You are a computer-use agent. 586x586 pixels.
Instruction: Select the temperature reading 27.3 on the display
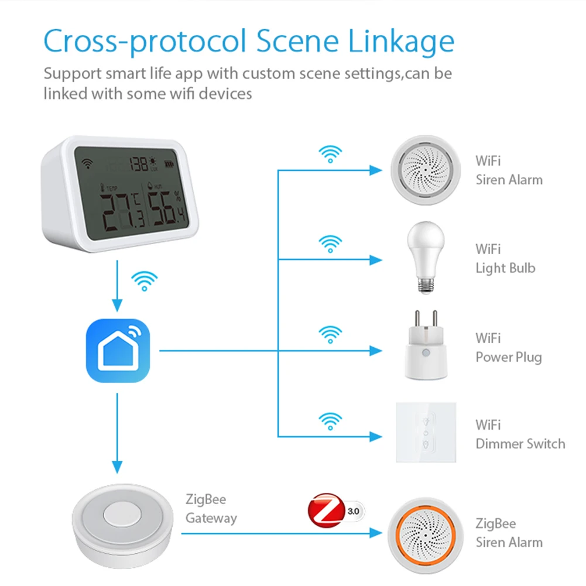(120, 212)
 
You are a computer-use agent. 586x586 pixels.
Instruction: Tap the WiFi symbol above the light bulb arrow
(330, 243)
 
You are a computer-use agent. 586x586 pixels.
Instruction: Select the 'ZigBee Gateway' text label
(211, 509)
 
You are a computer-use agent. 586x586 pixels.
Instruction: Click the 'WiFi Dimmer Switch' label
(520, 434)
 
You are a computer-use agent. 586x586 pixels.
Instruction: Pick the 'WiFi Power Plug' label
(508, 348)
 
